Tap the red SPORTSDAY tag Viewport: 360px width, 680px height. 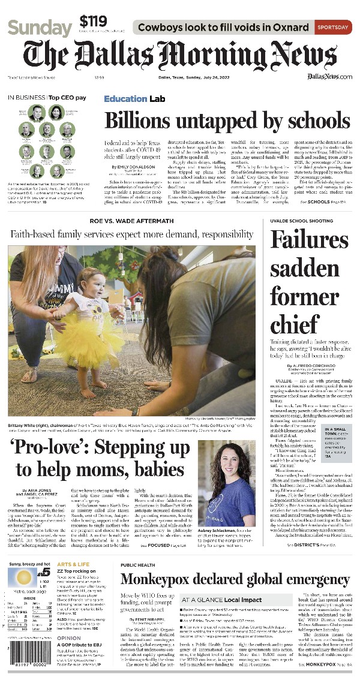[334, 28]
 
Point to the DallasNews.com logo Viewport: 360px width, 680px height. [329, 76]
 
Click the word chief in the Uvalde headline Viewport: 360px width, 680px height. [295, 324]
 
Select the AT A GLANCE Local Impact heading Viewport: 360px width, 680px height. [221, 600]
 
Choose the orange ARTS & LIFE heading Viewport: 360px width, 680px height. [74, 565]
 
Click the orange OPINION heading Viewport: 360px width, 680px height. [69, 638]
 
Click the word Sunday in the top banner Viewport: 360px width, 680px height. [40, 28]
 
